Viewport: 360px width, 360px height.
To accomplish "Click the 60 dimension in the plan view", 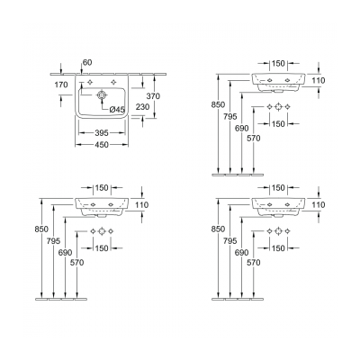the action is pos(87,63).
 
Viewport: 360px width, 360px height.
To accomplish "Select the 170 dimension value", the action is pos(61,85).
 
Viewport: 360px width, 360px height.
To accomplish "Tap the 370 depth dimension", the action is pos(153,96).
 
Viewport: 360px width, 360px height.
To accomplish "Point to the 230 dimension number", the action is pos(142,107).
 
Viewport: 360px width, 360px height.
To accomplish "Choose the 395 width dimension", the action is pos(102,132).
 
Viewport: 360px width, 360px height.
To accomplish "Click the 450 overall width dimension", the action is pos(102,145).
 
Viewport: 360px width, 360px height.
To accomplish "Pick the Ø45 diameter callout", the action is pos(117,110).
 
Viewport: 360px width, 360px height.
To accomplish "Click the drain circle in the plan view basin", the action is pos(102,94).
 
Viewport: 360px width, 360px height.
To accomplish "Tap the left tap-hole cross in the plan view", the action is pos(90,82).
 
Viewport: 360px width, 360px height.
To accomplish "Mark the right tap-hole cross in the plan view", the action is pos(113,82).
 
